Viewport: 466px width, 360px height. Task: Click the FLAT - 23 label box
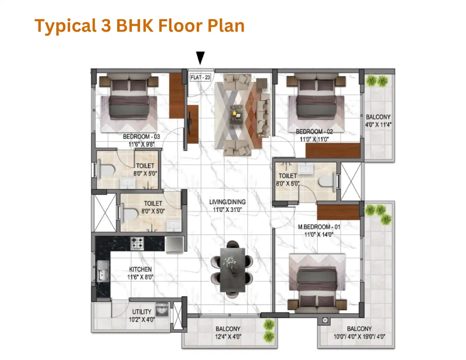200,77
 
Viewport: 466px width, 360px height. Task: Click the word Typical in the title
66,26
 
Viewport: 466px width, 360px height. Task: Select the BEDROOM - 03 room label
141,136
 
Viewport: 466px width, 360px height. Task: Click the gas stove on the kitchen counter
137,243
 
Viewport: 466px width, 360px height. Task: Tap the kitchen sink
103,271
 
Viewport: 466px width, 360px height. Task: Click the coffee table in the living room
236,114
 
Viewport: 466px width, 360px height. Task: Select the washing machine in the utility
162,309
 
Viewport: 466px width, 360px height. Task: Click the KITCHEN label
140,269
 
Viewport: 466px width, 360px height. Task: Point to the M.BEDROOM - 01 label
319,227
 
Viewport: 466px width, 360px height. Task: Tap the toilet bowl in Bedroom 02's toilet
327,181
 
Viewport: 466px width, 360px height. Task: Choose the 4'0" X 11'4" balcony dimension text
378,125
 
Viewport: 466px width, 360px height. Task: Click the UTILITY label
142,312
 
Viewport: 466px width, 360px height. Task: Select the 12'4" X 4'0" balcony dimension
228,337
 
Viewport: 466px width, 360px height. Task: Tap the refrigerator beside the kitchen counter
174,244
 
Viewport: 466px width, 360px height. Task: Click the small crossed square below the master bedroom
325,320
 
